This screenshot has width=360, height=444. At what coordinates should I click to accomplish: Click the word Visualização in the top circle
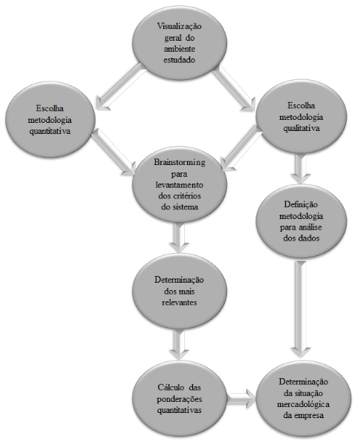pyautogui.click(x=180, y=27)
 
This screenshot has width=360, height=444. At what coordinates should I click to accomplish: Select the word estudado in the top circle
pyautogui.click(x=180, y=60)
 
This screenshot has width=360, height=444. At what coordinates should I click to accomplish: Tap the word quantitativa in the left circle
pyautogui.click(x=50, y=132)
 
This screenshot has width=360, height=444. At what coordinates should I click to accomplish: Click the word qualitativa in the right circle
pyautogui.click(x=302, y=128)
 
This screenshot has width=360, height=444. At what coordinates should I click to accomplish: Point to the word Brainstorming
pyautogui.click(x=180, y=163)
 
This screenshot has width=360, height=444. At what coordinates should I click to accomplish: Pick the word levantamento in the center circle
pyautogui.click(x=180, y=185)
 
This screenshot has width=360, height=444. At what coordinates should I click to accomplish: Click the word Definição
pyautogui.click(x=301, y=204)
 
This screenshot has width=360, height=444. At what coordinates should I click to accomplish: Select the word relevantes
pyautogui.click(x=180, y=303)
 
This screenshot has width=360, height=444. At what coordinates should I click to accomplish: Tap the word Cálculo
pyautogui.click(x=169, y=387)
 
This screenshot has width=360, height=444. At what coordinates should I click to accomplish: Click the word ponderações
pyautogui.click(x=180, y=399)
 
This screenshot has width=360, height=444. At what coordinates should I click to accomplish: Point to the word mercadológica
pyautogui.click(x=303, y=404)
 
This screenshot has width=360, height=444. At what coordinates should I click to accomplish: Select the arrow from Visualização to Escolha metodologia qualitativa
pyautogui.click(x=234, y=88)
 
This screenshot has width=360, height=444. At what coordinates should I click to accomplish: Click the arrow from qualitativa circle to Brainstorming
pyautogui.click(x=242, y=149)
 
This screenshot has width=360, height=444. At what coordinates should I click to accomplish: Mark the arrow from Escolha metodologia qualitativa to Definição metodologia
pyautogui.click(x=301, y=169)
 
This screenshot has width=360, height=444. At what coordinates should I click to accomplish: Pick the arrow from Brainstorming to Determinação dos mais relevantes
pyautogui.click(x=180, y=238)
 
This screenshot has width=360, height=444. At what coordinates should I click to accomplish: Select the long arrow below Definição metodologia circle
pyautogui.click(x=301, y=309)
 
